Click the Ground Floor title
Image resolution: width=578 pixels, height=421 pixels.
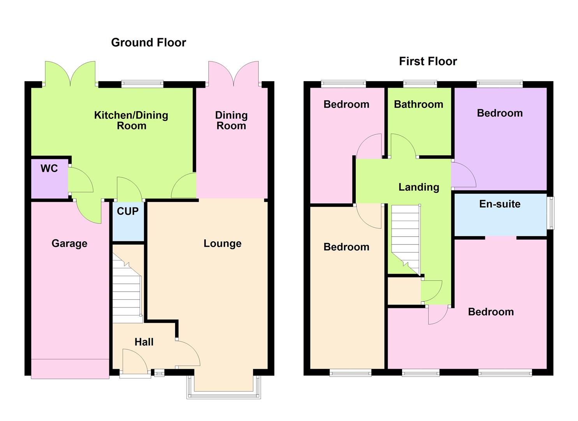point(148,42)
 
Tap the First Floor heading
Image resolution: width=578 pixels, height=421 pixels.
point(428,61)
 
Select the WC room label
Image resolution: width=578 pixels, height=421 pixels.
point(49,168)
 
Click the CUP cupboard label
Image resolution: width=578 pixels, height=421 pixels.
point(128,211)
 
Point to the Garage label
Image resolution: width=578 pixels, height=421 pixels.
point(69,244)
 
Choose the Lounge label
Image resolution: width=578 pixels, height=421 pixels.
point(222,244)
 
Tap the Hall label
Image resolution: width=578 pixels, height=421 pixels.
point(144,342)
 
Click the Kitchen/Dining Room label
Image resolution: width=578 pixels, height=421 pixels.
point(131,120)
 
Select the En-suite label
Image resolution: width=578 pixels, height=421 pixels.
point(500,204)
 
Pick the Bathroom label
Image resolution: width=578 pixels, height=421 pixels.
point(418,104)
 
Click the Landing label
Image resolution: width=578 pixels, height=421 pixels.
point(418,187)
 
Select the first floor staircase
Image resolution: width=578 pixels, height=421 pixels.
point(406,238)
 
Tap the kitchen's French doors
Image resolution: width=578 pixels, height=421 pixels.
point(70,74)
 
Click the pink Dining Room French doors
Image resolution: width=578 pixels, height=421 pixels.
point(233,74)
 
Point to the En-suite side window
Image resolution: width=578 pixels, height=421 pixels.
point(551,213)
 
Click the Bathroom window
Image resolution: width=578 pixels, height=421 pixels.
point(420,83)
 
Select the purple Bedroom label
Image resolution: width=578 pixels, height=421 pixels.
point(500,113)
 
